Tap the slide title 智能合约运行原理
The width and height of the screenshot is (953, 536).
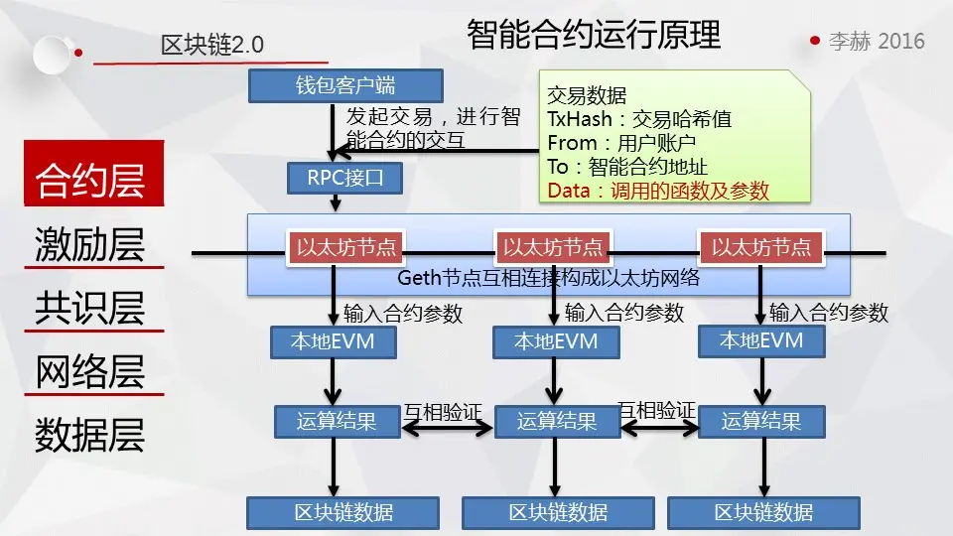(x=594, y=35)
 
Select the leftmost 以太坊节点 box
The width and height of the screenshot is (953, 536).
(x=345, y=247)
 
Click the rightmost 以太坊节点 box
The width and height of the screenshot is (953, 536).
(x=761, y=247)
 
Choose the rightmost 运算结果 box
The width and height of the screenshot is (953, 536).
(x=761, y=421)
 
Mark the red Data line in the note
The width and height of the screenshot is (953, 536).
(x=658, y=191)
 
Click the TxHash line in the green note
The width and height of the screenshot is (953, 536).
(x=639, y=119)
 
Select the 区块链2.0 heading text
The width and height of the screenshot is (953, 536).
(x=212, y=45)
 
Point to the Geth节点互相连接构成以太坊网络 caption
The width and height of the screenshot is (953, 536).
(x=548, y=278)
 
